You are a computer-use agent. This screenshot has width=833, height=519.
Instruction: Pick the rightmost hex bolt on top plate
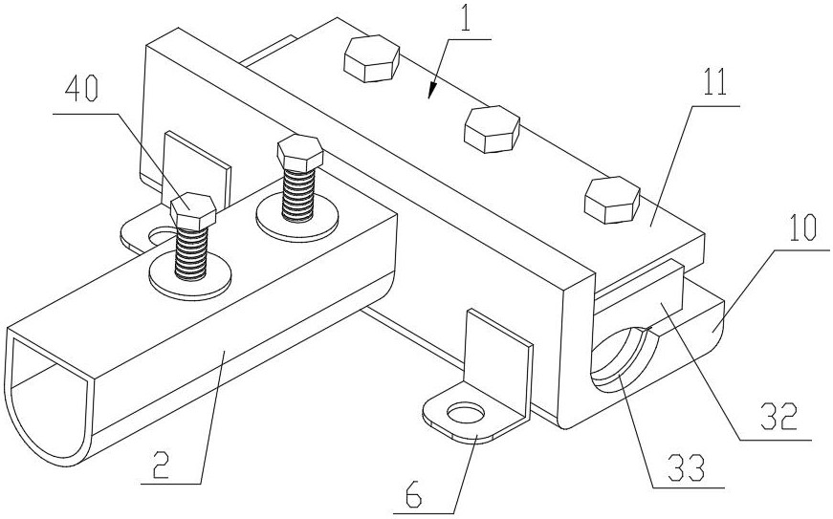610,199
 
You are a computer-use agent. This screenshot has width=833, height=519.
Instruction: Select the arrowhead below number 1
431,95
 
